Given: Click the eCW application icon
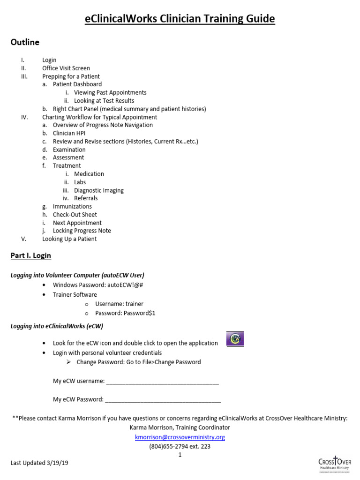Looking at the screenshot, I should tap(235, 339).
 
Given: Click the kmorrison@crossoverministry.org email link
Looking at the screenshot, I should tap(180, 437).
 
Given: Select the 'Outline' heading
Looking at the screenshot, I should tap(25, 42).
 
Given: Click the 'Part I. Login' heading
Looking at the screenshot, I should tap(31, 255).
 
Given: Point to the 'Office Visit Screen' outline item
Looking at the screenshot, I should tap(66, 68).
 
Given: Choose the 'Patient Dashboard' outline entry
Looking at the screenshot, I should tap(77, 84).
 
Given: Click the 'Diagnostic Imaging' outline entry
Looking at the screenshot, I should tap(98, 190).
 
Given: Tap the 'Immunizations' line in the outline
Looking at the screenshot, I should tap(72, 206).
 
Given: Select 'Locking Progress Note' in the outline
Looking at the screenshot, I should tap(82, 231).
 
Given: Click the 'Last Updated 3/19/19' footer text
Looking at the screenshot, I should tap(39, 463).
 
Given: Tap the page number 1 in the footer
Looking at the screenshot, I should tap(180, 455).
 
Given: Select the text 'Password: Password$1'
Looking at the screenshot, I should tap(125, 313).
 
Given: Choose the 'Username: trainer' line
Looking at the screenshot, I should tap(119, 304).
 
